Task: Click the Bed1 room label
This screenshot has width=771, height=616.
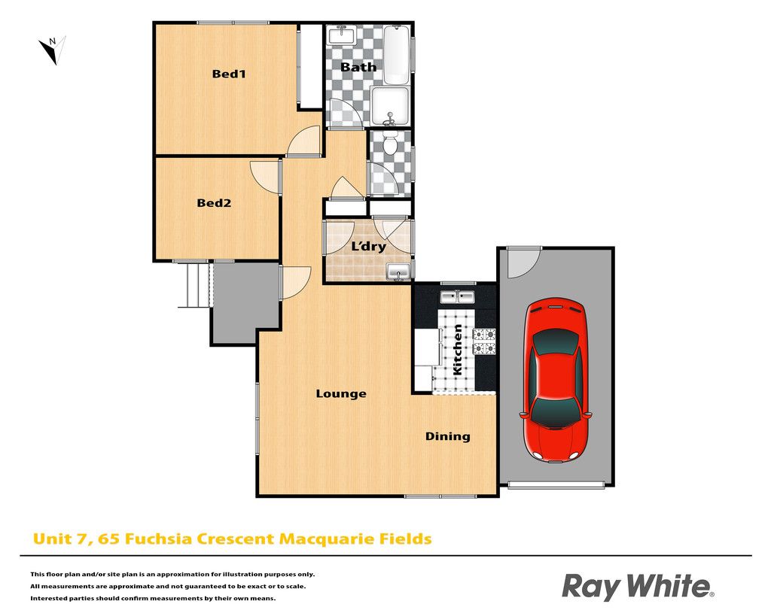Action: point(229,74)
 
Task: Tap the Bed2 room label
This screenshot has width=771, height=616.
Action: point(214,202)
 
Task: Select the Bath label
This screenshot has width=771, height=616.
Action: point(358,67)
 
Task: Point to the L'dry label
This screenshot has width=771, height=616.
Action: point(368,246)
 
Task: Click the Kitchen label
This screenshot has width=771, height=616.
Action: point(457,350)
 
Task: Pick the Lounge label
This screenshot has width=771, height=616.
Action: point(341,393)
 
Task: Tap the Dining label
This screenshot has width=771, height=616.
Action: point(447,436)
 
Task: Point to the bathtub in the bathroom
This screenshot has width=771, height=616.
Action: point(396,55)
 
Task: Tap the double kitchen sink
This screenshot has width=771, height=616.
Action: point(457,296)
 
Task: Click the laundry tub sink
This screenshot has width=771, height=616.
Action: point(399,272)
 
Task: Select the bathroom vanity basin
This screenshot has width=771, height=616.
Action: point(342,35)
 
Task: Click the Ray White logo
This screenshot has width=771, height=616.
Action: point(638,587)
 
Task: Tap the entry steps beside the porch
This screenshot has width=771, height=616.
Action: point(194,286)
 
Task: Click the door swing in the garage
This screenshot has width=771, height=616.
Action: point(524,263)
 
